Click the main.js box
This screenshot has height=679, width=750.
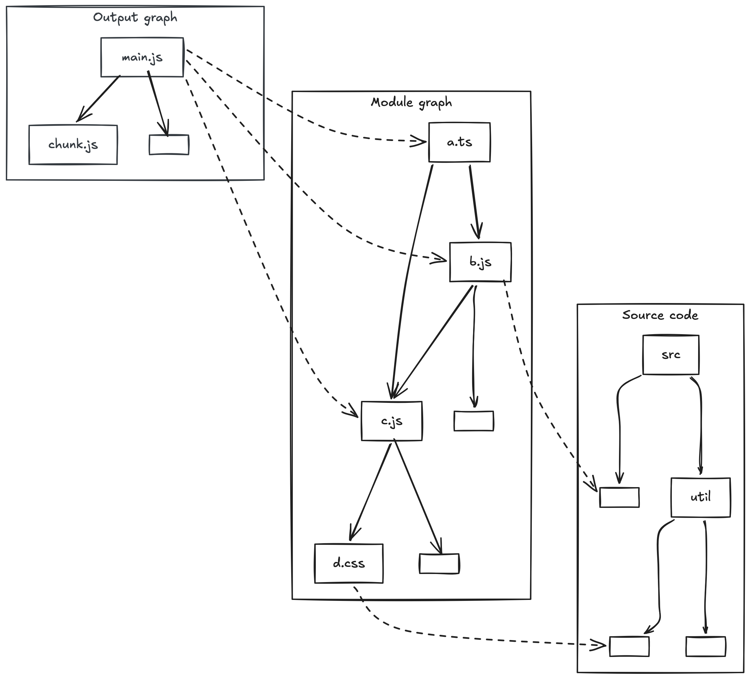[142, 57]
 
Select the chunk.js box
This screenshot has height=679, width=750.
[73, 145]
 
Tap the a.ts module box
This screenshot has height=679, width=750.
[459, 142]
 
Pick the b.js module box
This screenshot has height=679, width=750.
[480, 262]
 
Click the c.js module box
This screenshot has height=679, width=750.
[391, 421]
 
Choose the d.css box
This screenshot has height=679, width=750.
[349, 563]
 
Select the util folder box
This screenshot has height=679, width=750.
[700, 497]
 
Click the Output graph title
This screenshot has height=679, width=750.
[135, 18]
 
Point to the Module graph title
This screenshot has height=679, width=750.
[411, 102]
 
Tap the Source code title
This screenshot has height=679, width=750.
[660, 315]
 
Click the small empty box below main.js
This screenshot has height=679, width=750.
[169, 145]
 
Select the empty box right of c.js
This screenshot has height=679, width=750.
[474, 421]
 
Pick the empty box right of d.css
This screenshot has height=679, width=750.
[439, 564]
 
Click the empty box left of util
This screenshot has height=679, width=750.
[619, 497]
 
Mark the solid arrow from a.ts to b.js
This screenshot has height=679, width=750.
[474, 201]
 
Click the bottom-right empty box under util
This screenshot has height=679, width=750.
[705, 647]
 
